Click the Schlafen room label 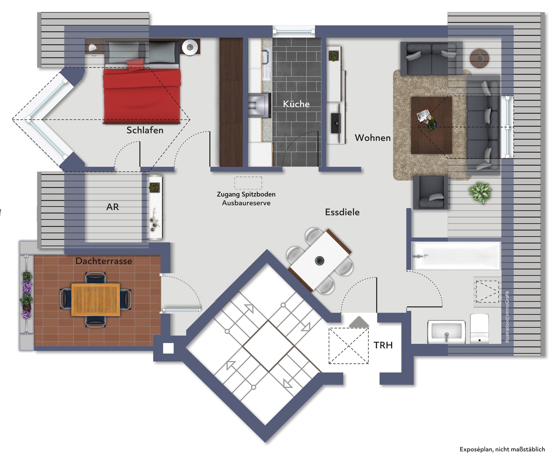point(145,130)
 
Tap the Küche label point(296,104)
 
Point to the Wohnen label point(373,138)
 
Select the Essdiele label point(342,212)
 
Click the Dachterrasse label point(104,261)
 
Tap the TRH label point(383,345)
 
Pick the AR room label point(113,207)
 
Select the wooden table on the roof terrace point(96,300)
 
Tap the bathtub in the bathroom point(456,256)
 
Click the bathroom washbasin point(446,332)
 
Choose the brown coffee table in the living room point(431,125)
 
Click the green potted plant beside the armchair point(480,193)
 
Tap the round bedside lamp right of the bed point(190,47)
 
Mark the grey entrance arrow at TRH point(359,322)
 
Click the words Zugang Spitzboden point(246,194)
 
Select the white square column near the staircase point(168,348)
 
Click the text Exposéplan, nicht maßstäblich point(502,449)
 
